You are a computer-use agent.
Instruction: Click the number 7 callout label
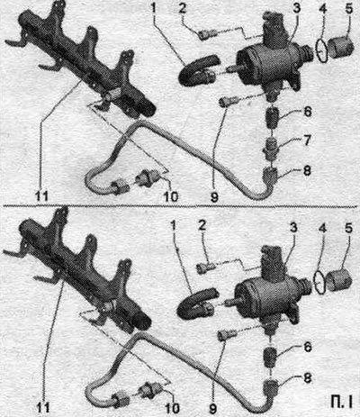[306, 141]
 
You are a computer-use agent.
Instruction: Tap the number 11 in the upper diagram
[40, 196]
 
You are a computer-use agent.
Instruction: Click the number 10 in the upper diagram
[170, 196]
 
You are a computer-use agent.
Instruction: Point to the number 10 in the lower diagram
[172, 408]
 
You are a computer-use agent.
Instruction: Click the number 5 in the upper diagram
[349, 9]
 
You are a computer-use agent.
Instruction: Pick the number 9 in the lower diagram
[212, 409]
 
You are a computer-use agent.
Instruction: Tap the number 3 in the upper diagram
[296, 8]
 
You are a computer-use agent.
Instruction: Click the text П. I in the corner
[341, 402]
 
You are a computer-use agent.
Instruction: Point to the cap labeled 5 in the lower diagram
[339, 280]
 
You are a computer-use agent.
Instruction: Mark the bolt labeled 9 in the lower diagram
[226, 334]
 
